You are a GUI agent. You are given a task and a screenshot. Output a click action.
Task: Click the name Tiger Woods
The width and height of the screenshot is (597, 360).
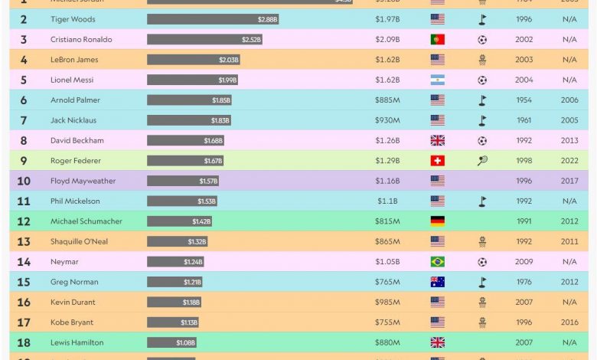tap(73, 19)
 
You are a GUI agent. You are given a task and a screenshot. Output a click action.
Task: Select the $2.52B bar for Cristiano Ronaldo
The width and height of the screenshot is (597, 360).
tap(204, 40)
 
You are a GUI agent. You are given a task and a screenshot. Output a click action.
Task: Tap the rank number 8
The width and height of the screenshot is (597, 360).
tap(24, 141)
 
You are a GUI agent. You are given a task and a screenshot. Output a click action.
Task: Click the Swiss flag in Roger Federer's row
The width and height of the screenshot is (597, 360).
tap(437, 161)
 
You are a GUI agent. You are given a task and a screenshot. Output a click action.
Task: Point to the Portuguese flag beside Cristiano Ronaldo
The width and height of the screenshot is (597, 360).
tap(437, 40)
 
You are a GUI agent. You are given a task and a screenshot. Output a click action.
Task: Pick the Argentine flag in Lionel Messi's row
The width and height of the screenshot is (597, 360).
tap(437, 80)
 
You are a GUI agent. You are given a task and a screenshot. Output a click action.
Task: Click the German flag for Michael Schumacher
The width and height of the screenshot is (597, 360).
tap(437, 221)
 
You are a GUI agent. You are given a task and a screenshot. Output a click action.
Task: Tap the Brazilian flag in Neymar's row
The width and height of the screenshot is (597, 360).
tap(437, 262)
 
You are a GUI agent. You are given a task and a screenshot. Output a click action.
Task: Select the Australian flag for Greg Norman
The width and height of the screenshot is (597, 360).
tap(437, 282)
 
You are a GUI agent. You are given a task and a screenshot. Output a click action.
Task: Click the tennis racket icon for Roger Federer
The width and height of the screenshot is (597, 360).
tap(482, 161)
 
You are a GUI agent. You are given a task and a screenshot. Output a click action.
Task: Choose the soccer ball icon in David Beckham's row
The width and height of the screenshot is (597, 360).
tap(482, 141)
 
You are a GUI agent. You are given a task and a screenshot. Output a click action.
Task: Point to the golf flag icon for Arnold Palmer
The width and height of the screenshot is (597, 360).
tap(482, 100)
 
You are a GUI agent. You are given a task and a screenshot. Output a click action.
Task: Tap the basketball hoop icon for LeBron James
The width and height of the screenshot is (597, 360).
tap(482, 60)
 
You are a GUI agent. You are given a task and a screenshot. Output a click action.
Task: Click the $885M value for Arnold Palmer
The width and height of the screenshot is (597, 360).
tap(387, 100)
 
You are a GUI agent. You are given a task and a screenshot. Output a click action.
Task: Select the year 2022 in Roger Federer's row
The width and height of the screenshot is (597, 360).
tap(569, 161)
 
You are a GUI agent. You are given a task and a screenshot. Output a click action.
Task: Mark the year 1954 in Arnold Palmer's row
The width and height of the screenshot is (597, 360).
tap(524, 100)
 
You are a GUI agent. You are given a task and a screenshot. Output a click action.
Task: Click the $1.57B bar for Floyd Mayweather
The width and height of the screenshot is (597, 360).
tap(183, 181)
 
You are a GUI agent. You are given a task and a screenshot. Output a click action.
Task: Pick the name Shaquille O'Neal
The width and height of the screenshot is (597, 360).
tap(80, 241)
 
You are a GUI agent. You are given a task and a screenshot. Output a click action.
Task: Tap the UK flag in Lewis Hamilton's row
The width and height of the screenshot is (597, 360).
tap(437, 342)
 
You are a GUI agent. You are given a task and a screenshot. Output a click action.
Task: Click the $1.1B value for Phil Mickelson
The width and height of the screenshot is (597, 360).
tap(387, 201)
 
